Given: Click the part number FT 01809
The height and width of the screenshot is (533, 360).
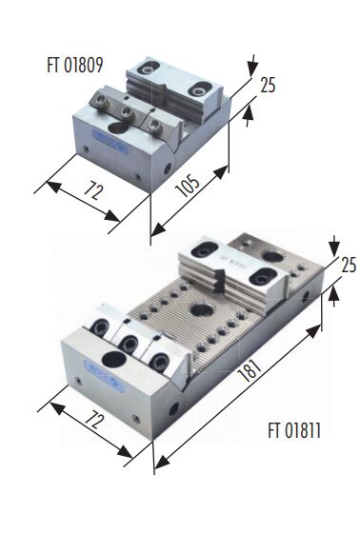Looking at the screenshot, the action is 75,65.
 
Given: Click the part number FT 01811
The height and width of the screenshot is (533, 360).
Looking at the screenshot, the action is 294,430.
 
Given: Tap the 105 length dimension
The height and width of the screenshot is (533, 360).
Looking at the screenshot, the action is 189,186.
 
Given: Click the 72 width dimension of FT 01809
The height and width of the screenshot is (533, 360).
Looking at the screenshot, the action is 93,191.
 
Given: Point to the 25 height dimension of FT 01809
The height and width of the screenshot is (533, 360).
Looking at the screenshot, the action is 268,85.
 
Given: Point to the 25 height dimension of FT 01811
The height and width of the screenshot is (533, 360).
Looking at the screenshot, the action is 349,266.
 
